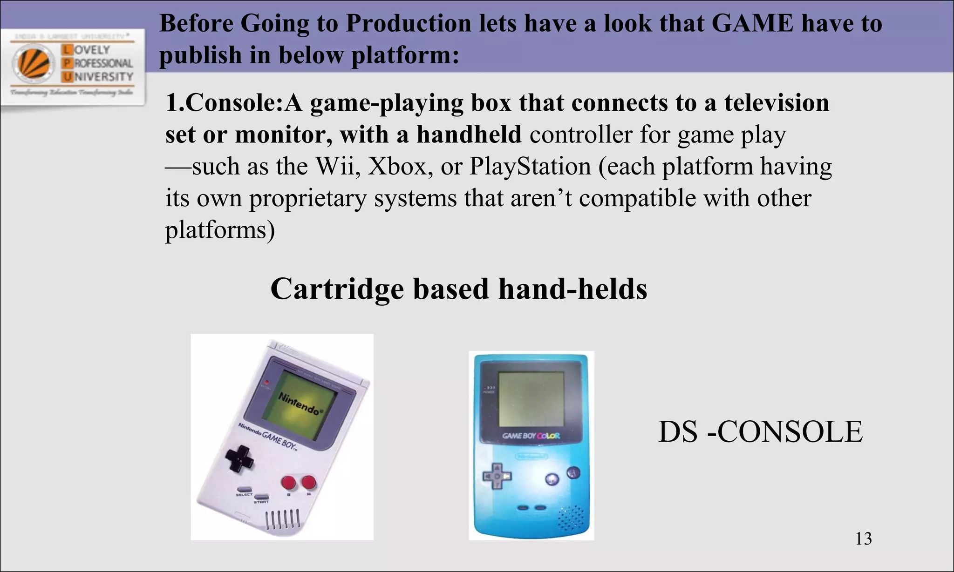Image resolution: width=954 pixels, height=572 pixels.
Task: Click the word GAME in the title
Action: [752, 23]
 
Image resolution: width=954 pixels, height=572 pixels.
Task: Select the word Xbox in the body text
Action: [397, 166]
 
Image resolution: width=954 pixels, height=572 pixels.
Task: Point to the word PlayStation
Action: [530, 166]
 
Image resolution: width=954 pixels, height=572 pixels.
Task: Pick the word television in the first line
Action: [777, 103]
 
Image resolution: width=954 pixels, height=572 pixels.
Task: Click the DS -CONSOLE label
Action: [760, 431]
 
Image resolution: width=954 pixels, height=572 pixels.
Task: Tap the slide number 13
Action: [863, 538]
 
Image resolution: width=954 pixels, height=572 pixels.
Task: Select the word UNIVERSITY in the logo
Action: [98, 76]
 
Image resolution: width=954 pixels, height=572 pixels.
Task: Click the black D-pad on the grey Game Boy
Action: [239, 458]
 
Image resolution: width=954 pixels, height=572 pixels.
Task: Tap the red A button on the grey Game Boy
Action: [308, 483]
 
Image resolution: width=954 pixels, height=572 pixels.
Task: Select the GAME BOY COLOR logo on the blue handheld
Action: [531, 436]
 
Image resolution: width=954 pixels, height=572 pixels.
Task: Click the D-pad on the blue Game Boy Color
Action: [497, 476]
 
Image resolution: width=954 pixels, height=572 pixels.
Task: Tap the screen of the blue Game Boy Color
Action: [531, 399]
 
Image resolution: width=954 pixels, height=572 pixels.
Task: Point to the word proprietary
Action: [307, 198]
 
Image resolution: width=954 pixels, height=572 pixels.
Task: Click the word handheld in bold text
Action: [469, 135]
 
